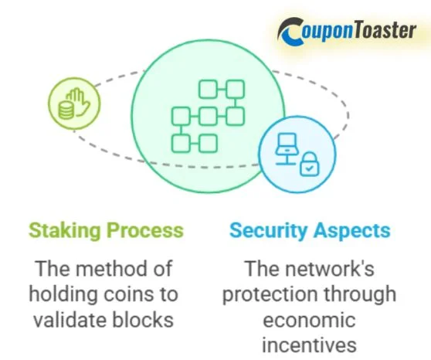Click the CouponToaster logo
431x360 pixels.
(x=351, y=31)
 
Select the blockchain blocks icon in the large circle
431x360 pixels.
(x=207, y=116)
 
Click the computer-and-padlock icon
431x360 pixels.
(x=297, y=155)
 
